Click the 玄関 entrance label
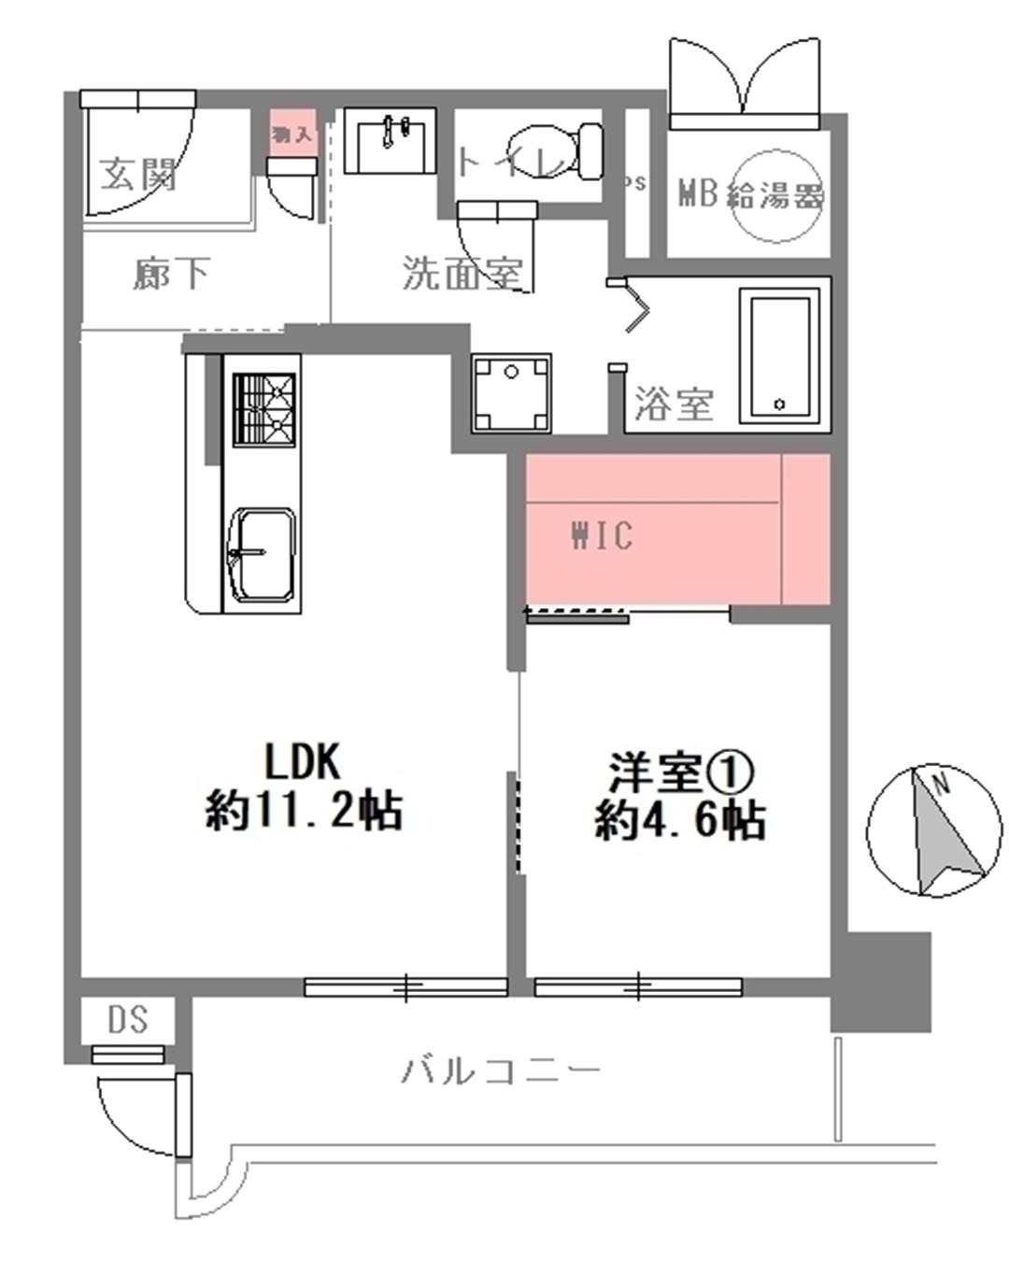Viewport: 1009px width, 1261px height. coord(138,173)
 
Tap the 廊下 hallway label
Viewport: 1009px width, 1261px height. coord(170,275)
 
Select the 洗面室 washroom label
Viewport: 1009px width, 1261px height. coord(462,273)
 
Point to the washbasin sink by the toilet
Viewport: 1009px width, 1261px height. coord(390,140)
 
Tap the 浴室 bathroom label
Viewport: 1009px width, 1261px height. coord(674,404)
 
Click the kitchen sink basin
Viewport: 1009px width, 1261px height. coord(263,555)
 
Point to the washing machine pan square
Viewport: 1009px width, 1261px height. coord(510,392)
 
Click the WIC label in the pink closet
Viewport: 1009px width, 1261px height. coord(602,536)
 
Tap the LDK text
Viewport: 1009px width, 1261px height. coord(303,762)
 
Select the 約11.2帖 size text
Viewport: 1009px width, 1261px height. coord(305,811)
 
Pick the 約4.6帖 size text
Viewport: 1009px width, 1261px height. coord(681,821)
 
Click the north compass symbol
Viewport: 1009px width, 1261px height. coord(927,830)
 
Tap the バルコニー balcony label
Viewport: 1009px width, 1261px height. coord(501,1070)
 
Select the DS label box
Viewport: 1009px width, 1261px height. coord(127,1019)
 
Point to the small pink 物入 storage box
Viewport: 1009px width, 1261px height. coord(293,132)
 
